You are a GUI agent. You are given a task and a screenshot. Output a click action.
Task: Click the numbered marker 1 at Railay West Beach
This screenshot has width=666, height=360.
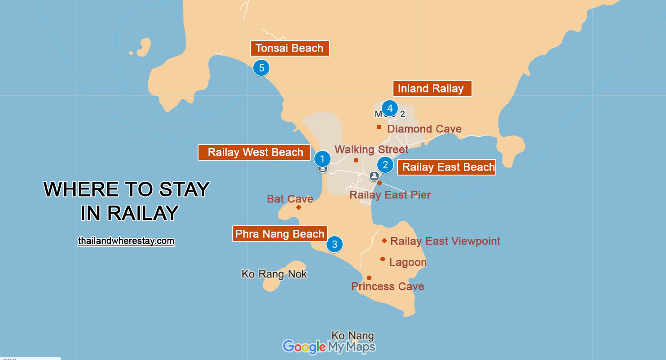tap(322, 158)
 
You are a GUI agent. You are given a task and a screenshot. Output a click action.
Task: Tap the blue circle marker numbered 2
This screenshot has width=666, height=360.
tap(385, 165)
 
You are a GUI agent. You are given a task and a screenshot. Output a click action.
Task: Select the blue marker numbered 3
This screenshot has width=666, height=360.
tap(334, 244)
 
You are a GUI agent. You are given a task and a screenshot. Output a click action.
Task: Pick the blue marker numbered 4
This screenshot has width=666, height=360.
tap(389, 108)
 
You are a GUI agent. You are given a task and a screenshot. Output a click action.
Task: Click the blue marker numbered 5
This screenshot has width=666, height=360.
tap(261, 68)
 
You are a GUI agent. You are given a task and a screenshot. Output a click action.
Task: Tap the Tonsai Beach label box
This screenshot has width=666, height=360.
tap(290, 48)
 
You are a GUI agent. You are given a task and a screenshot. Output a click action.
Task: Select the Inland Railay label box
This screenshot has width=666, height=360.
tap(432, 88)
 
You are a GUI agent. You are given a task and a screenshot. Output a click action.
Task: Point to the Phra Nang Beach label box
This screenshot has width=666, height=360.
tap(279, 234)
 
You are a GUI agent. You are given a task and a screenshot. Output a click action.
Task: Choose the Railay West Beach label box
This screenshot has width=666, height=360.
tap(254, 153)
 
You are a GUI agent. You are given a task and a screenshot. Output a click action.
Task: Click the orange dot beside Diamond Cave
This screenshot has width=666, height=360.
tap(379, 127)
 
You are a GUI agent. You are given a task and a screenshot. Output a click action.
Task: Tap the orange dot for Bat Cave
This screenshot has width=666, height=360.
tap(298, 207)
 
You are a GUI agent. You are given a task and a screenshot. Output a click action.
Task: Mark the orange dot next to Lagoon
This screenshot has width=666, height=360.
tap(383, 259)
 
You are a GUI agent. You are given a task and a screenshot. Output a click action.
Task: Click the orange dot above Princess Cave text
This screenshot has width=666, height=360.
tap(369, 278)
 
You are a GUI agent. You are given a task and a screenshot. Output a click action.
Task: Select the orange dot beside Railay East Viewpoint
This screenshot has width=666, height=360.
tap(384, 241)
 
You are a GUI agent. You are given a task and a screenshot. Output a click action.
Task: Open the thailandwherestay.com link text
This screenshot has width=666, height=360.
tap(126, 241)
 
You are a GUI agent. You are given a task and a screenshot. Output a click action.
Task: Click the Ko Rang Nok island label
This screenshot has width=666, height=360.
tap(274, 274)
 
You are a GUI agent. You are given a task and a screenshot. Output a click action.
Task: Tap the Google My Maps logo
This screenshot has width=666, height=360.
tap(328, 347)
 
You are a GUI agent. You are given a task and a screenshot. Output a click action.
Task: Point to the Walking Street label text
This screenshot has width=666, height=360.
tap(371, 149)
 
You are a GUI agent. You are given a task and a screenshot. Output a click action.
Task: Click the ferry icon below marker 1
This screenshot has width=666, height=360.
tap(322, 169)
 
